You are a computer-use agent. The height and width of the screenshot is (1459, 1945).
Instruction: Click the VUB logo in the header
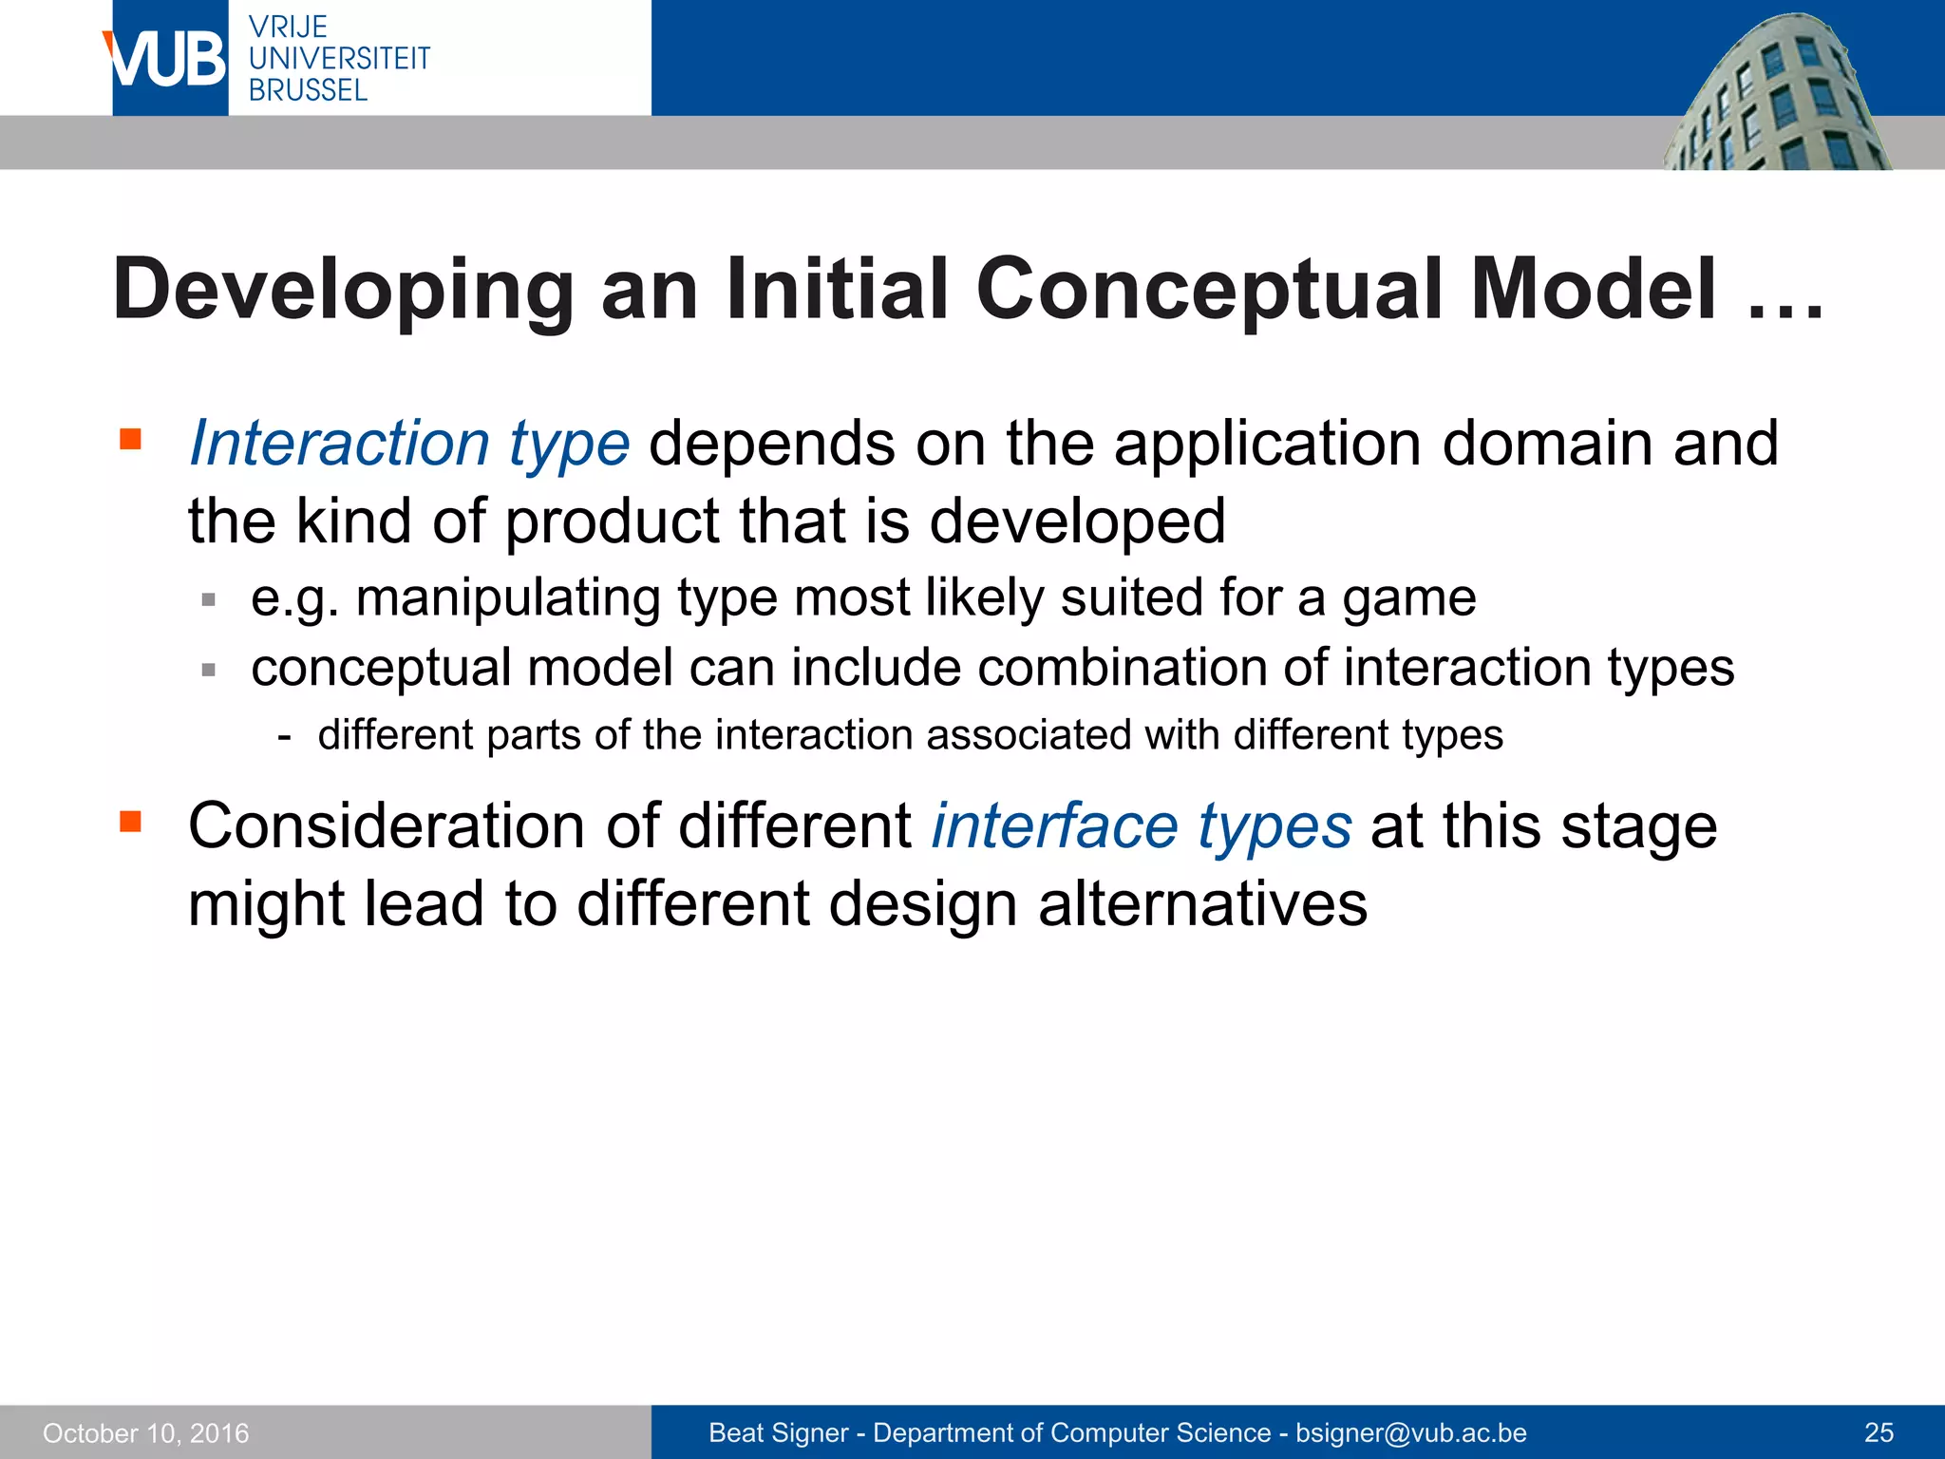pyautogui.click(x=167, y=59)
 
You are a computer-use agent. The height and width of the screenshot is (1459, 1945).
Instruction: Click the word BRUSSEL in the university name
pyautogui.click(x=308, y=91)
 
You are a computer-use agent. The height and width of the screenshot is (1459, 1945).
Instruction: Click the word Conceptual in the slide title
pyautogui.click(x=1210, y=290)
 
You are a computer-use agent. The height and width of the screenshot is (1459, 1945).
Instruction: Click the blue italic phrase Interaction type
pyautogui.click(x=409, y=444)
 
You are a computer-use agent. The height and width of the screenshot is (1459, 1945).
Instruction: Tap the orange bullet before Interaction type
pyautogui.click(x=130, y=439)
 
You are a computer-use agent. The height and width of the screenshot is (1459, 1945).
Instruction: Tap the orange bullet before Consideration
pyautogui.click(x=130, y=821)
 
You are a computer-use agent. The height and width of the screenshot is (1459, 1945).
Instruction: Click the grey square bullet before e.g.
pyautogui.click(x=209, y=600)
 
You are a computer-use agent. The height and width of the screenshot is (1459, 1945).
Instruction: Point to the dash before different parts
pyautogui.click(x=284, y=736)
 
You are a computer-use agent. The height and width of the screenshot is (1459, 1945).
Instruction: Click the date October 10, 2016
pyautogui.click(x=146, y=1433)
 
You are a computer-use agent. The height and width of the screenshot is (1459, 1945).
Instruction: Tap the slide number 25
pyautogui.click(x=1879, y=1432)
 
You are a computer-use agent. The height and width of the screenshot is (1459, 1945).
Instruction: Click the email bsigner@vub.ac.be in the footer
pyautogui.click(x=1411, y=1432)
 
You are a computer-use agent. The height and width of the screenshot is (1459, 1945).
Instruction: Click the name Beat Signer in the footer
pyautogui.click(x=778, y=1432)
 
